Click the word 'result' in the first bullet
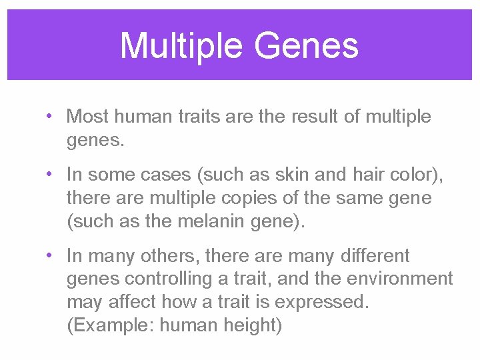[313, 117]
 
